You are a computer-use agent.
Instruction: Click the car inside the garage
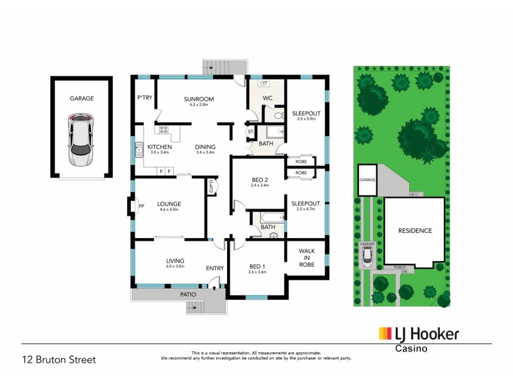[x=81, y=140]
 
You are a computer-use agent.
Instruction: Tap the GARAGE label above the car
[x=82, y=99]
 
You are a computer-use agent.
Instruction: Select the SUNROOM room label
[x=198, y=99]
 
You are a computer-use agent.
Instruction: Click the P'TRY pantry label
[x=143, y=98]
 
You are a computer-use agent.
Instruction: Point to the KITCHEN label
[x=160, y=147]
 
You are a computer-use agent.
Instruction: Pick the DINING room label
[x=205, y=147]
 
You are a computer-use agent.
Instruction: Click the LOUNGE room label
[x=169, y=204]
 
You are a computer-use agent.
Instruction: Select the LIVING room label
[x=175, y=261]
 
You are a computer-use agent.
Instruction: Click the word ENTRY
[x=214, y=268]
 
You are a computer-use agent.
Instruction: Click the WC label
[x=269, y=99]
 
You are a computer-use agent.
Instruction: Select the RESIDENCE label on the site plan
[x=415, y=230]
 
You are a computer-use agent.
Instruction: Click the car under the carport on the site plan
[x=367, y=257]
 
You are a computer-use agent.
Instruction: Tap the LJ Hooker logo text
[x=426, y=334]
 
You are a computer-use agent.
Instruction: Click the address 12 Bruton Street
[x=58, y=360]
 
